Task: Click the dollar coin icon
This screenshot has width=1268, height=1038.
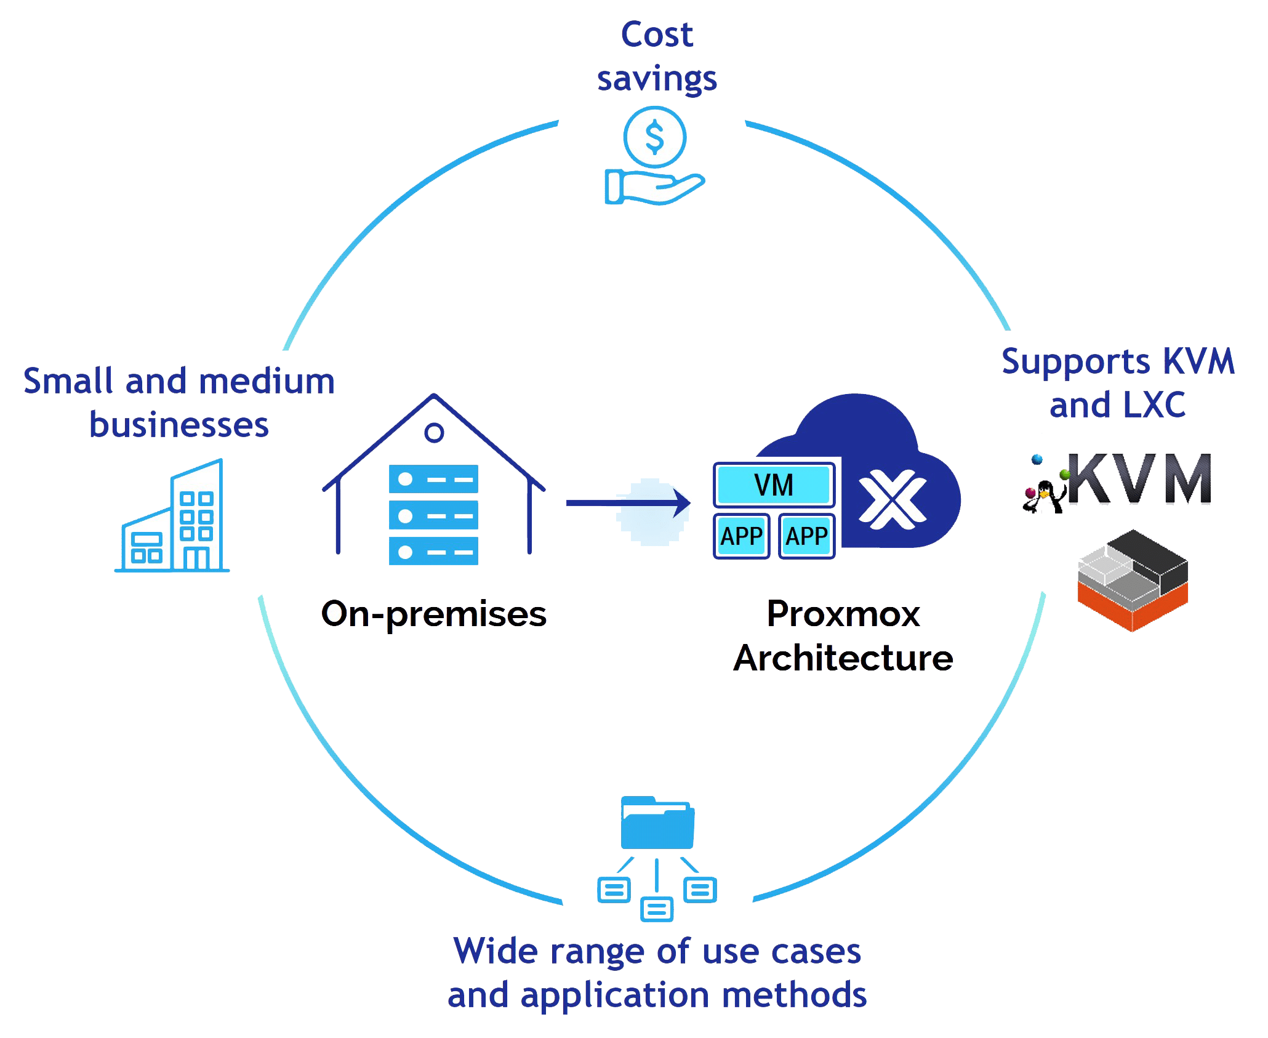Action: tap(654, 137)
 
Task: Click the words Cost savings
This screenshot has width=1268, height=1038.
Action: tap(657, 57)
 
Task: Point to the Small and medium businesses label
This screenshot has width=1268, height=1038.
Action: tap(179, 403)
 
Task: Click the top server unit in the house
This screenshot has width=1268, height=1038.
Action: tap(433, 479)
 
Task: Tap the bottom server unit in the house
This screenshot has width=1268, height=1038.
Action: tap(433, 551)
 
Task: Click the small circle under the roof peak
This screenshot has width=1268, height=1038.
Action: tap(435, 433)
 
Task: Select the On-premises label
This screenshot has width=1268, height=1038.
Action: tap(434, 614)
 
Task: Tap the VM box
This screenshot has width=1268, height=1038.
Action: tap(774, 485)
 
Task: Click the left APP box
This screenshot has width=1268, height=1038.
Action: tap(741, 536)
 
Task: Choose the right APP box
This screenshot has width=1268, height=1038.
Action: tap(806, 536)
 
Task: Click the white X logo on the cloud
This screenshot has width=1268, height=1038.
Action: tap(892, 499)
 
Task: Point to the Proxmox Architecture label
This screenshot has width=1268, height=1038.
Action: tap(843, 636)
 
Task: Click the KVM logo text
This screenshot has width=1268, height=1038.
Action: tap(1139, 480)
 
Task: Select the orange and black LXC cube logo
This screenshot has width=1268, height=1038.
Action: tap(1133, 580)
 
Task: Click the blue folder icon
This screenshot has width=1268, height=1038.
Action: tap(657, 823)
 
